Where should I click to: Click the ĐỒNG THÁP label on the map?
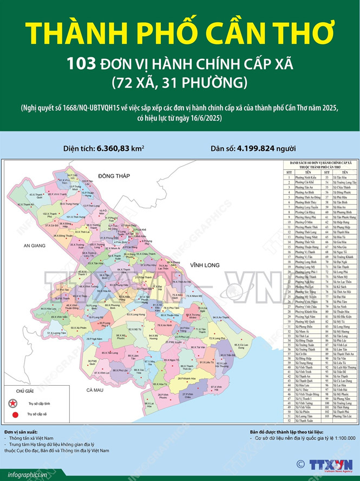[112, 176]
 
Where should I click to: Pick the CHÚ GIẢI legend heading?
[25, 390]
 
